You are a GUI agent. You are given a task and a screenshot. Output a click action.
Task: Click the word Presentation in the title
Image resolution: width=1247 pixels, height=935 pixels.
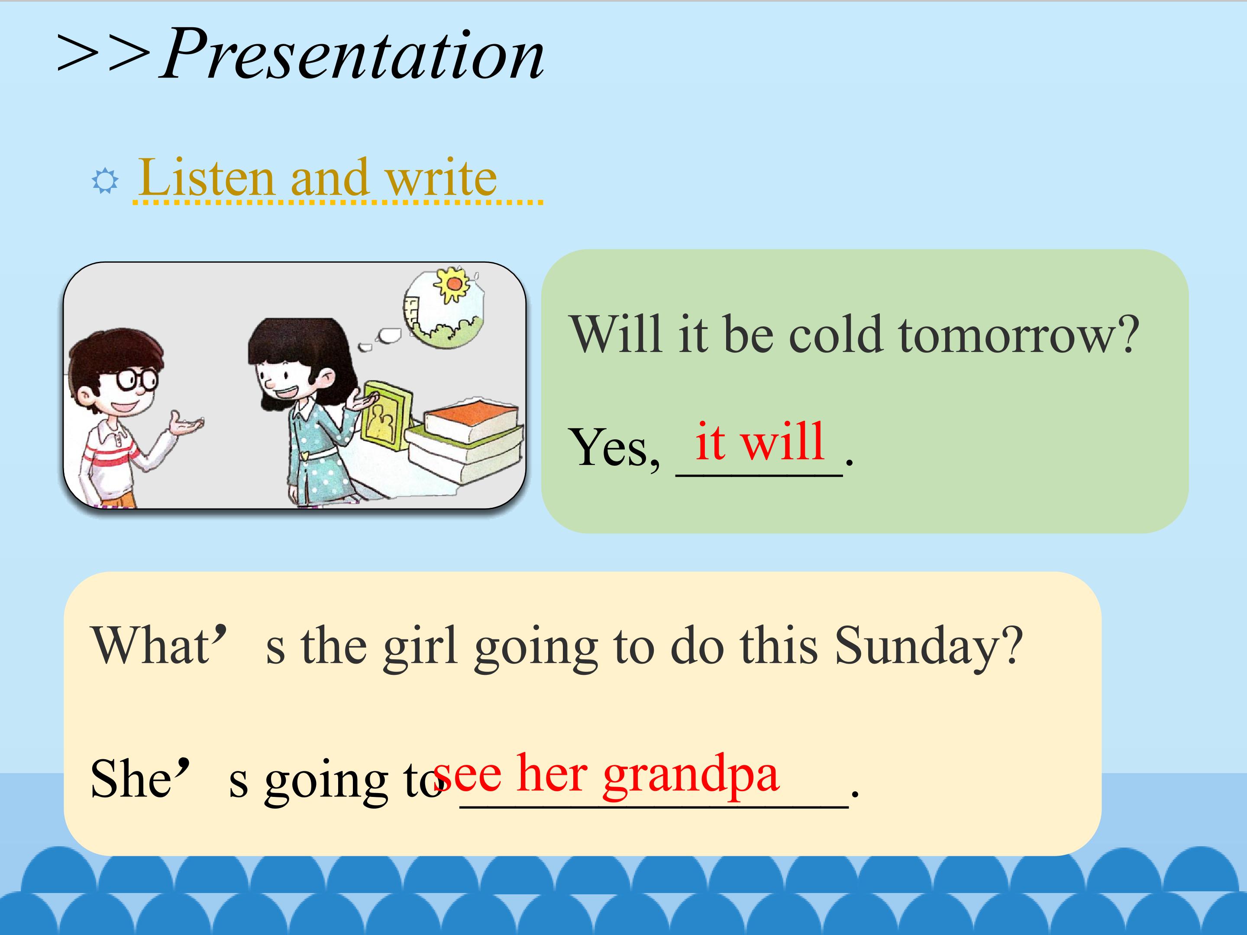point(353,55)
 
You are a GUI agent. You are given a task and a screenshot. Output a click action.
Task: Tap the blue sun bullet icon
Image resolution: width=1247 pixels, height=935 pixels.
point(105,181)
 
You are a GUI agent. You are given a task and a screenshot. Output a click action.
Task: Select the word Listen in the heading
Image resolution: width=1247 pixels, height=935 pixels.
point(207,177)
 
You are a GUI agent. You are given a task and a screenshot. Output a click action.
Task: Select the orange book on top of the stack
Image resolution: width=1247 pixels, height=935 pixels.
point(471,419)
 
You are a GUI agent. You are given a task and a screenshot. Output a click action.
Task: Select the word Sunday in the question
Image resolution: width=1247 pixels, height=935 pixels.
point(928,645)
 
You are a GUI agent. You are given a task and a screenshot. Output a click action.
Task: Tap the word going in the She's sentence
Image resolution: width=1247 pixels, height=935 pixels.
point(326,783)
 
